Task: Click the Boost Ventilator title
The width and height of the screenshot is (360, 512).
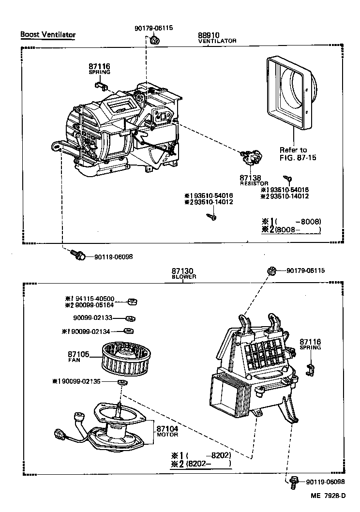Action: [x=48, y=35]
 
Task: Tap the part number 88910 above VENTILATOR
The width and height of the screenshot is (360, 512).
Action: [x=209, y=35]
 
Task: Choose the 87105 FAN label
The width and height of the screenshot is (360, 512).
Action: [x=77, y=357]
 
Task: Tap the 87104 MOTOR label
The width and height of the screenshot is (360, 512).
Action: [x=167, y=431]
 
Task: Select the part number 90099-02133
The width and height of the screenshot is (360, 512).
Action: [x=93, y=318]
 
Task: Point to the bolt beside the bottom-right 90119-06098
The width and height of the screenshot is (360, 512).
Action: [x=294, y=482]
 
